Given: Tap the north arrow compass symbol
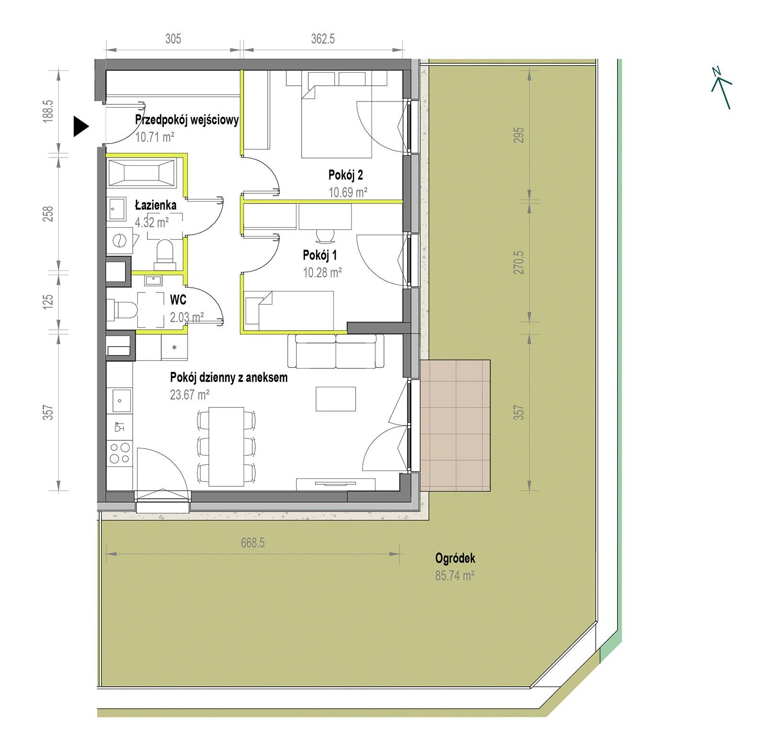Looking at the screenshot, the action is (x=721, y=88).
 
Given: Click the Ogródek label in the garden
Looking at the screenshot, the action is (x=455, y=558).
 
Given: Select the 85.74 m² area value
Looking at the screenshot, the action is (x=455, y=575).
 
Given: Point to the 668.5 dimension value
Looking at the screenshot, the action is (x=253, y=543).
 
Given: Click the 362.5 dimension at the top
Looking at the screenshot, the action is (x=323, y=39).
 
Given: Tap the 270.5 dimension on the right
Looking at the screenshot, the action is (x=519, y=262).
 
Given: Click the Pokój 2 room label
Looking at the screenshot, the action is (x=346, y=175).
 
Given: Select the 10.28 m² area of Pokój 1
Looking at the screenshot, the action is (x=322, y=272).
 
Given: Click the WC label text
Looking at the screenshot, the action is (x=178, y=300).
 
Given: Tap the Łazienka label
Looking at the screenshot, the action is (x=156, y=205).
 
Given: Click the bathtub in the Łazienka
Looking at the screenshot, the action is (x=142, y=172).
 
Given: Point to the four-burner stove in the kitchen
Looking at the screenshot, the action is (x=120, y=452).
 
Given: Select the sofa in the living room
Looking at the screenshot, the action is (x=336, y=351).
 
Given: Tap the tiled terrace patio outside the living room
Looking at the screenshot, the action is (x=456, y=426).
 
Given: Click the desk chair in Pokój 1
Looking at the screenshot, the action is (x=325, y=236).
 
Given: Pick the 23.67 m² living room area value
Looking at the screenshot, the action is (x=190, y=394).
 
